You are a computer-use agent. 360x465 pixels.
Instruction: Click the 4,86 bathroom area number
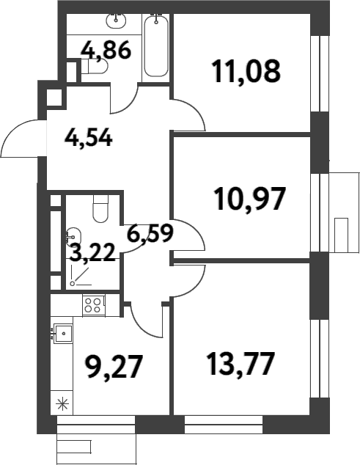click(106, 51)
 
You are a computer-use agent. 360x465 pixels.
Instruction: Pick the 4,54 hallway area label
click(88, 137)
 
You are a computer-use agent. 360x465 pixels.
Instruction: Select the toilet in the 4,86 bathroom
click(95, 67)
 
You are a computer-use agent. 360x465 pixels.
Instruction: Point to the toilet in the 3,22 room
click(101, 210)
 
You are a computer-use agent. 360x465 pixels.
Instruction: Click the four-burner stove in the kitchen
click(93, 305)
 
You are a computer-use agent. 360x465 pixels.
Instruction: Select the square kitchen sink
click(65, 334)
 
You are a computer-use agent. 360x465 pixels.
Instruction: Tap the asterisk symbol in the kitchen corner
click(62, 403)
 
